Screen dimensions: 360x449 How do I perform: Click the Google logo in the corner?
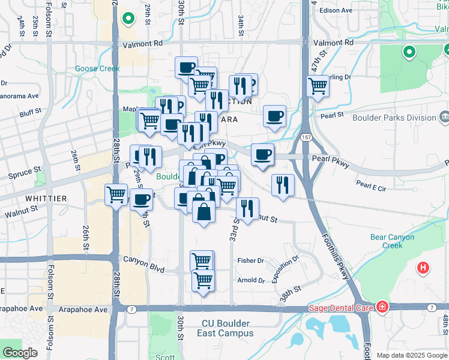click(20, 353)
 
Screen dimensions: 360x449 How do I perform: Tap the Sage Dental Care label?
click(342, 308)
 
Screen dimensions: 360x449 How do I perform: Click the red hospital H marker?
click(424, 268)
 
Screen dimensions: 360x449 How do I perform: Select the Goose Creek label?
click(97, 69)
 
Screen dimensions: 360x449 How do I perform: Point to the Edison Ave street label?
click(336, 10)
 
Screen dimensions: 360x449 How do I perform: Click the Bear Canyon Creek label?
click(392, 241)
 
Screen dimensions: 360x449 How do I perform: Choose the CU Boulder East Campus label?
click(228, 328)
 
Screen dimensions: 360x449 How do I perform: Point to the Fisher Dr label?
click(250, 260)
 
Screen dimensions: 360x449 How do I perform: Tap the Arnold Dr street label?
click(250, 280)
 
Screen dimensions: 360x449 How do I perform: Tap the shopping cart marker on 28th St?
click(116, 194)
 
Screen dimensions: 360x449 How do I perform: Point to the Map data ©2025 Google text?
click(412, 355)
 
